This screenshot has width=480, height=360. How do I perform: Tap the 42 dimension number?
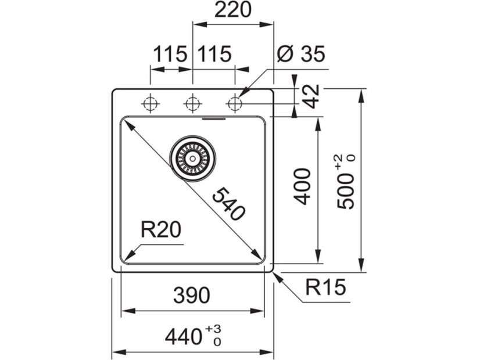pos(311,96)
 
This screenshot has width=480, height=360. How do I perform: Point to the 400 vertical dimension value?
pos(302,186)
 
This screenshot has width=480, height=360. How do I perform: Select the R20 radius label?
pos(161,231)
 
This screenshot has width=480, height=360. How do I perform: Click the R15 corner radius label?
pos(325,287)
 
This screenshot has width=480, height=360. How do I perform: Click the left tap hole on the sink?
pos(151,104)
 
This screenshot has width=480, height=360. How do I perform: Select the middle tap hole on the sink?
pos(192,104)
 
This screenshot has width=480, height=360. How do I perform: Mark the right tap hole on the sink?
pos(235,104)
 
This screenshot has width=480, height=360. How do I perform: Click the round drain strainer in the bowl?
pos(192,157)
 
